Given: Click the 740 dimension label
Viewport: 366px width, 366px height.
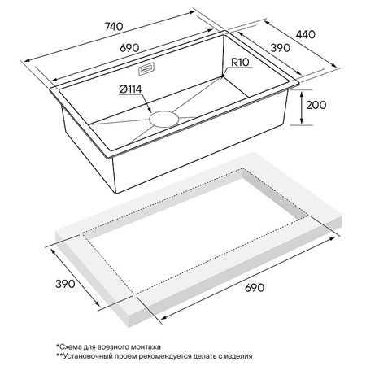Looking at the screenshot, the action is click(x=114, y=27).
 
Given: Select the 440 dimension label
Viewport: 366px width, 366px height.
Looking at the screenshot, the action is click(x=306, y=35).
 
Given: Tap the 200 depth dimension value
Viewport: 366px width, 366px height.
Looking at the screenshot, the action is click(x=316, y=105).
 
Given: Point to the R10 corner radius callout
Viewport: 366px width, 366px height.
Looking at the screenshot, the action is click(x=240, y=62).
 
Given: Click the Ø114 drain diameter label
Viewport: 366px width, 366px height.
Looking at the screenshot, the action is click(x=130, y=89).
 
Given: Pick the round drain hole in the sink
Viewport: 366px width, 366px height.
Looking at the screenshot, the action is click(x=164, y=119).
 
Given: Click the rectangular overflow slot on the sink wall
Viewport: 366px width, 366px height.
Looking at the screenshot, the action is click(x=146, y=69).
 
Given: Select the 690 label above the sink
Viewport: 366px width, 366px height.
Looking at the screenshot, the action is click(x=129, y=48).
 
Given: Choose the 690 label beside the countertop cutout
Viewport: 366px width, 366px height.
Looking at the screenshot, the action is click(x=255, y=288).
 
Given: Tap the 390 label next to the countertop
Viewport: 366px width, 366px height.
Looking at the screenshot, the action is click(x=65, y=284).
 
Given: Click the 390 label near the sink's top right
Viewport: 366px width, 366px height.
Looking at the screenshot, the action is click(x=281, y=48).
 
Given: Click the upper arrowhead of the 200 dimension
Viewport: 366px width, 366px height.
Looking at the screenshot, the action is click(x=302, y=94).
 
